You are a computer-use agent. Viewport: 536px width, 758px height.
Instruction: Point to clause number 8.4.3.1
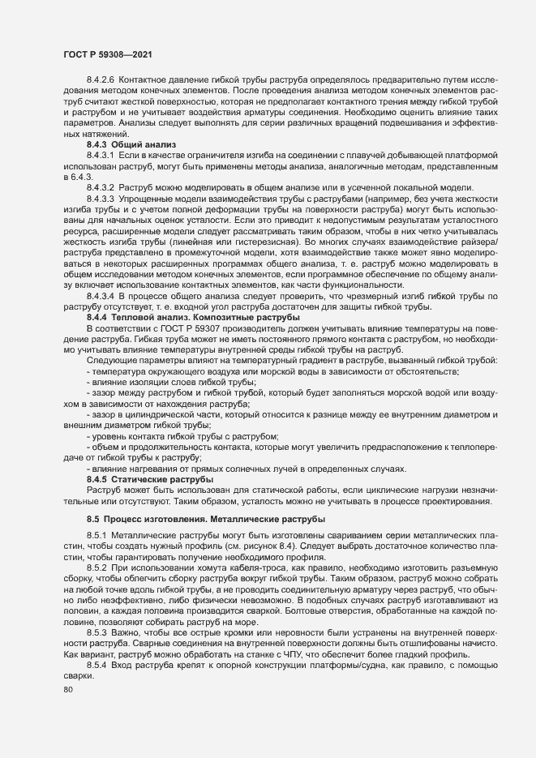pyautogui.click(x=100, y=153)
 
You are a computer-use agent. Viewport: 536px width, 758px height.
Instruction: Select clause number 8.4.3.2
pyautogui.click(x=100, y=188)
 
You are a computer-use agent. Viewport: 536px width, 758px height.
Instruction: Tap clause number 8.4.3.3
pyautogui.click(x=100, y=199)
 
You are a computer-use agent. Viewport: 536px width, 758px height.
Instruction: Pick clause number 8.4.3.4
pyautogui.click(x=100, y=297)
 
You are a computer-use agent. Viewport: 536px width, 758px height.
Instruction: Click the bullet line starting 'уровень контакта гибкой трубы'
pyautogui.click(x=182, y=436)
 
